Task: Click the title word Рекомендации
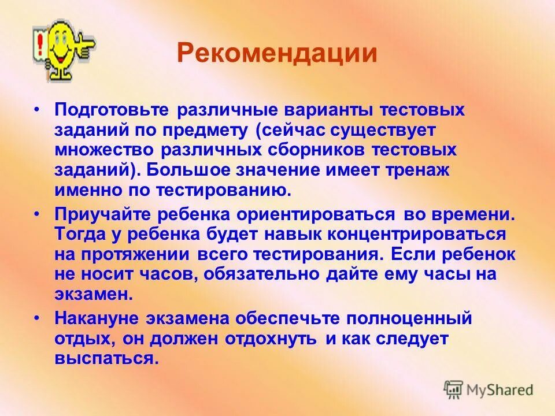[277, 54]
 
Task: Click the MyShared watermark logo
[489, 389]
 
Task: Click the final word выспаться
[106, 358]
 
